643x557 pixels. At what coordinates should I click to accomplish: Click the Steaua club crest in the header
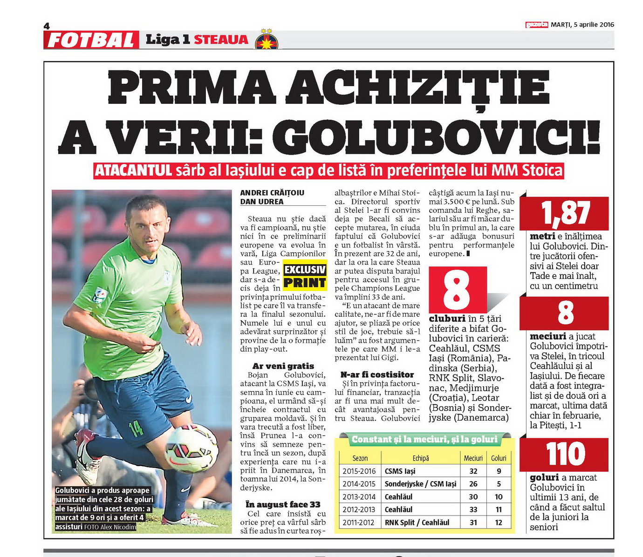click(267, 39)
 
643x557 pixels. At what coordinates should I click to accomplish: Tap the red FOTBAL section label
click(91, 40)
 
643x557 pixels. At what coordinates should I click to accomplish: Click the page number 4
click(47, 27)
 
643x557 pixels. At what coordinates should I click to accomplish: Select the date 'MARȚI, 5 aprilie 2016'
click(582, 25)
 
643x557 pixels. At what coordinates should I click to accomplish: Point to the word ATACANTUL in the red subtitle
click(134, 170)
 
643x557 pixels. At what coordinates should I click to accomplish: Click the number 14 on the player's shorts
click(136, 428)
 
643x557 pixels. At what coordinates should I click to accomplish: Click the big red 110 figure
click(565, 454)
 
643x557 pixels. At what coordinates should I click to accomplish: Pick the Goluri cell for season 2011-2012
click(499, 523)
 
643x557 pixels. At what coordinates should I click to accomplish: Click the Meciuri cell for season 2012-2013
click(473, 509)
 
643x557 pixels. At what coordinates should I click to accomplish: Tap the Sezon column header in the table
click(360, 458)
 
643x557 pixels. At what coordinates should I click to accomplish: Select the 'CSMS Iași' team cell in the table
click(400, 471)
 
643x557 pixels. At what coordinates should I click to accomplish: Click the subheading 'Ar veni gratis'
click(283, 366)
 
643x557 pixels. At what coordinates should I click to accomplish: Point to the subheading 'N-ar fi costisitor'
click(377, 374)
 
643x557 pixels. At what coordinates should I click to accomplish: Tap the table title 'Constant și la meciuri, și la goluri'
click(424, 439)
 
